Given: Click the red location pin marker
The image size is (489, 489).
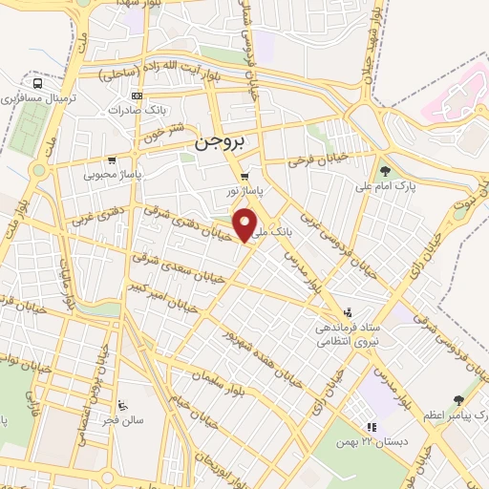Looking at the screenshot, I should point(247,225).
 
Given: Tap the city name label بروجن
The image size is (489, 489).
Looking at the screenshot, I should point(220,140).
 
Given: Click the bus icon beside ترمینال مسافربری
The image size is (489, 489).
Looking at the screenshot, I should point(37,83).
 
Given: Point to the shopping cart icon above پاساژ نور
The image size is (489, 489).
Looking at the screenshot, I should point(245,176).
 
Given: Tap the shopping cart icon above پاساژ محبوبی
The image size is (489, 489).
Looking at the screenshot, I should point(113,160).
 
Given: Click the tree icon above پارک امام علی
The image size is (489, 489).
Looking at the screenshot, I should point(385,171).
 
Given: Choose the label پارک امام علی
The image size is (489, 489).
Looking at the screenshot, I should point(386,187).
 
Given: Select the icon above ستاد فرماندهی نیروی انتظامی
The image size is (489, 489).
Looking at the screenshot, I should point(348,311).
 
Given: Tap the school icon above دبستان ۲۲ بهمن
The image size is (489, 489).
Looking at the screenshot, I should point(372,427).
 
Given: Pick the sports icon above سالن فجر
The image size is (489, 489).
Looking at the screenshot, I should point(122,405).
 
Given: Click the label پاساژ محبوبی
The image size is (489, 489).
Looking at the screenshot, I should point(112,176).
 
